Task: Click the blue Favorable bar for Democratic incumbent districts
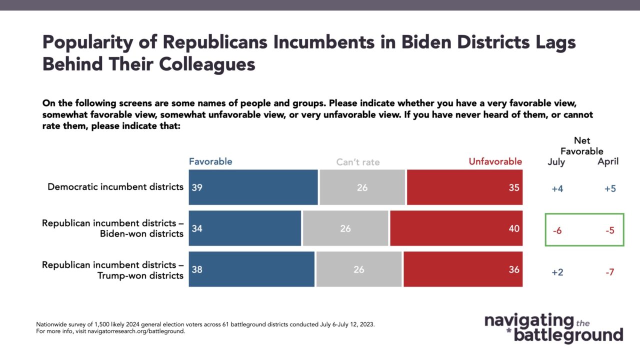pos(253,187)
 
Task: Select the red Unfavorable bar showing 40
pos(456,228)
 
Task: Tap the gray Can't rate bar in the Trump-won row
pos(359,269)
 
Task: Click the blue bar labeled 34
pos(245,228)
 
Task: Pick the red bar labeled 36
pos(463,269)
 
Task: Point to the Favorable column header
pos(210,161)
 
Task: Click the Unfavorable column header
pos(495,161)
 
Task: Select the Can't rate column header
pos(358,162)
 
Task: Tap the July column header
pos(556,162)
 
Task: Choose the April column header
pos(608,161)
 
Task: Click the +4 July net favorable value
pos(557,189)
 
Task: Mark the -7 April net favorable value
pos(609,272)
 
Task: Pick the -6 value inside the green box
pos(557,230)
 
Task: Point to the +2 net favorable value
pos(557,272)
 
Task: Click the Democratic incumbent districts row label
pos(115,187)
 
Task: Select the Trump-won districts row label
pos(112,270)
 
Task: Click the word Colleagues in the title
pos(207,64)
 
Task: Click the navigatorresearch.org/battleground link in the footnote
pos(136,331)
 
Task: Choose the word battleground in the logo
pos(568,335)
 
